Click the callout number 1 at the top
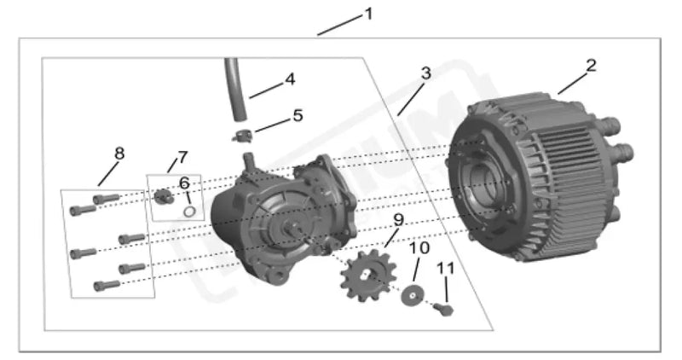pyautogui.click(x=368, y=15)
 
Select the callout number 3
pyautogui.click(x=425, y=73)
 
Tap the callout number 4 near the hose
pyautogui.click(x=290, y=79)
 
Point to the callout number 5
pyautogui.click(x=297, y=115)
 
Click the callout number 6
pyautogui.click(x=183, y=183)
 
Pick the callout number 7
pyautogui.click(x=182, y=158)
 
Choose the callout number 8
pyautogui.click(x=118, y=154)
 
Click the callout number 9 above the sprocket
pyautogui.click(x=397, y=221)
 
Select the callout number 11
pyautogui.click(x=445, y=268)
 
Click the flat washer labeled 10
pyautogui.click(x=413, y=295)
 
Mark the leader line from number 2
pyautogui.click(x=571, y=83)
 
